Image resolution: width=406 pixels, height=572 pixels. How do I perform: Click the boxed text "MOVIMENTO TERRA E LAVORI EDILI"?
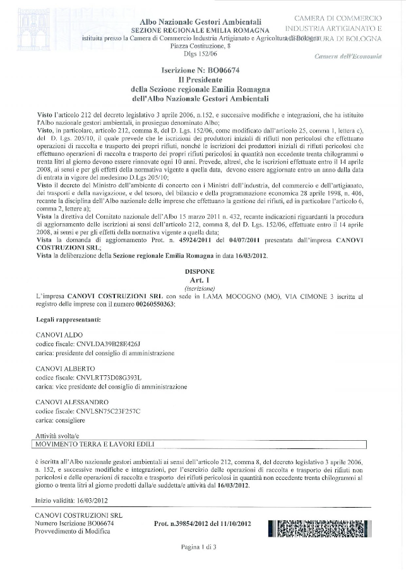[97, 444]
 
